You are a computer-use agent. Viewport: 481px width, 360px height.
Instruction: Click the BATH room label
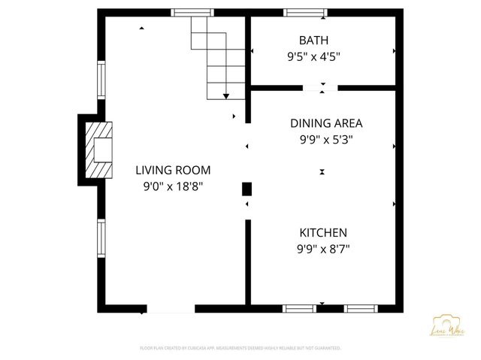[x=313, y=40]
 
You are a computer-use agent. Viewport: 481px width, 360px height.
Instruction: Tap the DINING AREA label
[x=326, y=123]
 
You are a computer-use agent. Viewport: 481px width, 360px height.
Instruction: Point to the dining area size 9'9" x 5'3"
[x=326, y=139]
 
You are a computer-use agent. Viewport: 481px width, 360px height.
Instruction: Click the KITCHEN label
[x=323, y=233]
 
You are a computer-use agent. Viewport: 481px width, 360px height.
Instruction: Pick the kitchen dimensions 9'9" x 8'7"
[x=323, y=249]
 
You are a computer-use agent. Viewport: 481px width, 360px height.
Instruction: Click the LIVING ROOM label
[x=173, y=170]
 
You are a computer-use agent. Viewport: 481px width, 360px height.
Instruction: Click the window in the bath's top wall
[x=305, y=12]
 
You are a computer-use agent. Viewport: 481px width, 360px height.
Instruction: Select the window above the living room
[x=192, y=12]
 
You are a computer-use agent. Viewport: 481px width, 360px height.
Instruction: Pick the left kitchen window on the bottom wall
[x=299, y=308]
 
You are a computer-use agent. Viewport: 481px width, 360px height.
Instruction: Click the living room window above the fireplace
[x=101, y=80]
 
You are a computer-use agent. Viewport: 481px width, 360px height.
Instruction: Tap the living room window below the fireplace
[x=101, y=238]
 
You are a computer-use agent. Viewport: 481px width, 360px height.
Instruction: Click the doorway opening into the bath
[x=321, y=89]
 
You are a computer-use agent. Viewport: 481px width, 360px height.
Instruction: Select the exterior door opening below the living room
[x=171, y=308]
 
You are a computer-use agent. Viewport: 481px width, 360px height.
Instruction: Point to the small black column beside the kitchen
[x=247, y=189]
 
